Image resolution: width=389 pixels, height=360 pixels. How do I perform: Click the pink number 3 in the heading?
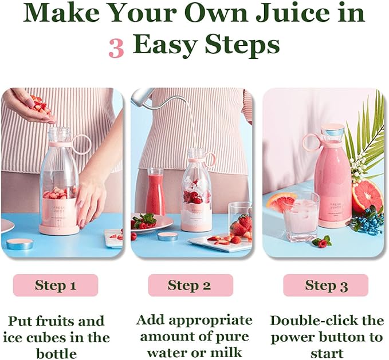[x=116, y=48]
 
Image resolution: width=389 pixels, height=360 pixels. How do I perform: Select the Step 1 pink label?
[x=56, y=285]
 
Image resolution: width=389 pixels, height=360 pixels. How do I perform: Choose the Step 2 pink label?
[x=191, y=285]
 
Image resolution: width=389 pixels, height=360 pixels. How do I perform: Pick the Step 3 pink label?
[x=326, y=285]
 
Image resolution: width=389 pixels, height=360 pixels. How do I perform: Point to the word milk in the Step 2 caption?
[x=226, y=352]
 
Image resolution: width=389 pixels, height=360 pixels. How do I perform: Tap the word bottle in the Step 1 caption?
[x=57, y=353]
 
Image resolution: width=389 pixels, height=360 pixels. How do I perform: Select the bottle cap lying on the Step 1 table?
[x=19, y=244]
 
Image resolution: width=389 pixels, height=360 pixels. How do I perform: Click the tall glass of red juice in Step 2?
[x=156, y=191]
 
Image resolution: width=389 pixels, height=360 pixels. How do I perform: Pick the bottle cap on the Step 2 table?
[x=168, y=236]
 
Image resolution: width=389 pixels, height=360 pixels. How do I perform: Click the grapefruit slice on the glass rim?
[x=281, y=203]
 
